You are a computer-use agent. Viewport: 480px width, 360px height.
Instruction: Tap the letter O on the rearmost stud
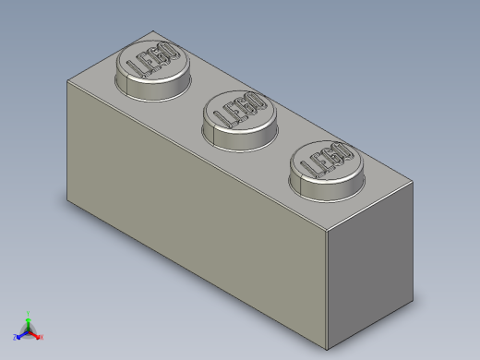click(x=167, y=52)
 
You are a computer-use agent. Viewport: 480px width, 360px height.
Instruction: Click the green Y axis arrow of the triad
click(x=29, y=322)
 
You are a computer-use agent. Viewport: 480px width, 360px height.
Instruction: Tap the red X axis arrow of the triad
click(x=35, y=334)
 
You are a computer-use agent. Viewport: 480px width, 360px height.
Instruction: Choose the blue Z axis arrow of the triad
click(x=21, y=334)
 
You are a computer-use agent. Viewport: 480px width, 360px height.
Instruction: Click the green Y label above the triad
click(x=29, y=313)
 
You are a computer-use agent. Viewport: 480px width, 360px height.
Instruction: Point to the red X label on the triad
click(x=42, y=337)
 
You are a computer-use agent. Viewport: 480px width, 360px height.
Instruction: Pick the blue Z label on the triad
click(x=15, y=337)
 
